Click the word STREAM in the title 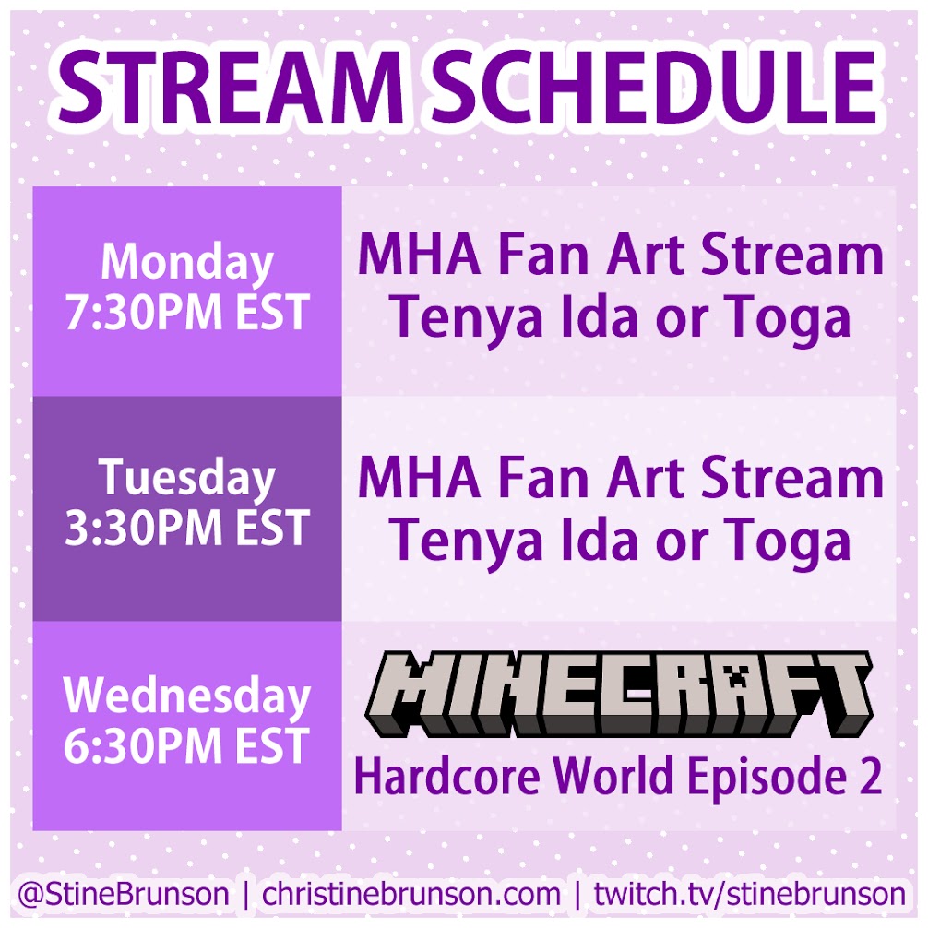(x=231, y=87)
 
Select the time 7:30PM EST (x=187, y=312)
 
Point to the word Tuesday (x=187, y=479)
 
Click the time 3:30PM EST (x=187, y=528)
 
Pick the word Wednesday (x=187, y=696)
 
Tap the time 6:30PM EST (x=187, y=745)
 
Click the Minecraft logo (x=619, y=695)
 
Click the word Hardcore (x=446, y=776)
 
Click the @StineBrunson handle (x=123, y=894)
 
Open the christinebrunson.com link (x=410, y=894)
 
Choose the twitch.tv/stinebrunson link (x=749, y=894)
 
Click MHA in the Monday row (x=419, y=256)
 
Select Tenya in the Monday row (x=466, y=320)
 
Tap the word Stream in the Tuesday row (x=791, y=479)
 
